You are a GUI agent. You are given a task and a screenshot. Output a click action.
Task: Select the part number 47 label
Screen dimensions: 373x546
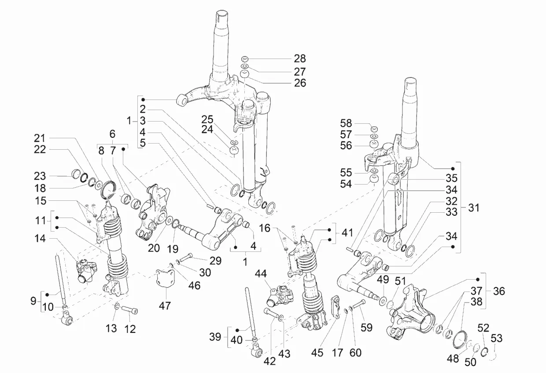(x=165, y=306)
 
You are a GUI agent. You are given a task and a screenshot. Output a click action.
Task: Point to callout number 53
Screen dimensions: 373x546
(x=497, y=338)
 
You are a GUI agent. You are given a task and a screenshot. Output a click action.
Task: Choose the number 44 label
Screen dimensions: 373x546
(x=260, y=274)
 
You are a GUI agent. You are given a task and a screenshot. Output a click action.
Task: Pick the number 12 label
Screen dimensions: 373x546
(x=130, y=328)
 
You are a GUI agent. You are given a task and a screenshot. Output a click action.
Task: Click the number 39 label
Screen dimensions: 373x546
(x=216, y=337)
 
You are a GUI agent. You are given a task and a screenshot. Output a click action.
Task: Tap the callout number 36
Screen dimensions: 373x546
(x=499, y=291)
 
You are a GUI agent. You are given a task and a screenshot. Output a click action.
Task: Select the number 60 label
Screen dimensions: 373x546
(x=356, y=352)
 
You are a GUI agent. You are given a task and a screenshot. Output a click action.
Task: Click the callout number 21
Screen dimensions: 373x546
(x=40, y=138)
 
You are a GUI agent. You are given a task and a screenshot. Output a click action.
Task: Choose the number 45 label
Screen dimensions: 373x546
(x=317, y=353)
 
